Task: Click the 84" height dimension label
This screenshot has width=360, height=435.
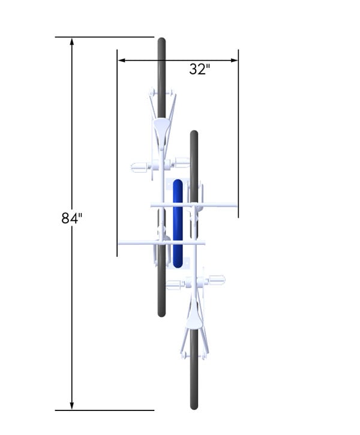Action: point(71,218)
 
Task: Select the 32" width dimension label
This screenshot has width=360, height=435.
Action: point(199,70)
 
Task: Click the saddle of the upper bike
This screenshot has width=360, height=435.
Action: point(161,127)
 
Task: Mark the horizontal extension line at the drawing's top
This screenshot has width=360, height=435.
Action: point(105,37)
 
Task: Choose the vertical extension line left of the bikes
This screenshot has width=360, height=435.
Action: point(117,150)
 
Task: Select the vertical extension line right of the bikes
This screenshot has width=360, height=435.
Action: point(238,132)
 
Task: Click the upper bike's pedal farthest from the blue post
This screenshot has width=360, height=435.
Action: point(139,166)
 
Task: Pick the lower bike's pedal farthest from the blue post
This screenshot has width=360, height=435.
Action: point(216,280)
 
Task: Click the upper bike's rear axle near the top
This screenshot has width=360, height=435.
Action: point(161,92)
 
